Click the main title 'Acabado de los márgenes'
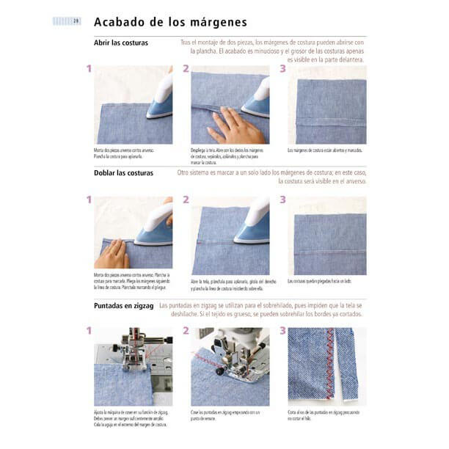(170, 23)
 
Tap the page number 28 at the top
(76, 21)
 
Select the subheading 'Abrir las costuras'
(121, 43)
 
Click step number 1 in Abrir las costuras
(89, 69)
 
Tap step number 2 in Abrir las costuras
(186, 69)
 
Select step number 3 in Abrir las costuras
(283, 69)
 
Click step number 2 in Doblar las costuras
(186, 200)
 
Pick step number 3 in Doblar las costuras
(283, 200)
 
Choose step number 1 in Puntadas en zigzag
(89, 331)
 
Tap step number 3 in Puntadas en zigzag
(283, 331)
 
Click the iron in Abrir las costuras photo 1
(160, 99)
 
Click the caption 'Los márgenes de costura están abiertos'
(324, 150)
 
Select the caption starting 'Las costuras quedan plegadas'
(320, 281)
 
